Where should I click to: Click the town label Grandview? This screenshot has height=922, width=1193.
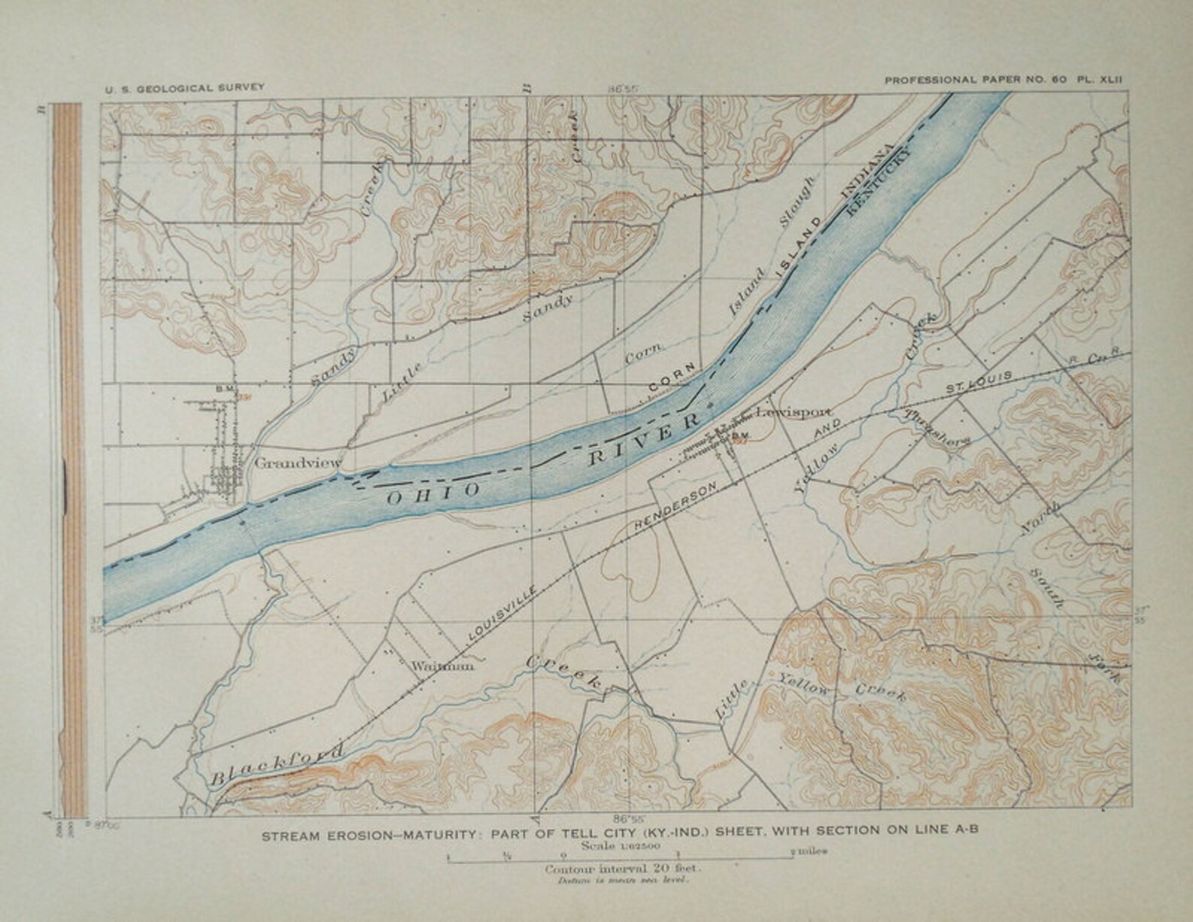click(x=297, y=462)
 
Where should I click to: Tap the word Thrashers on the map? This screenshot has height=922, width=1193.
click(x=938, y=428)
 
